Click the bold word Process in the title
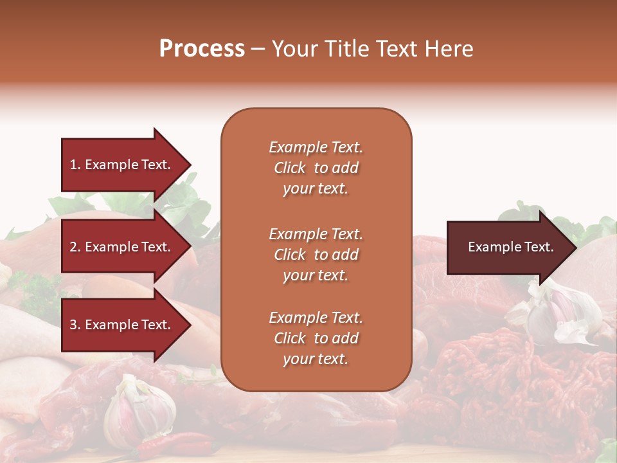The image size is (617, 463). click(202, 49)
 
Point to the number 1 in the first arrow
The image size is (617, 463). click(73, 165)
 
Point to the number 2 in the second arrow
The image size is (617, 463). click(73, 247)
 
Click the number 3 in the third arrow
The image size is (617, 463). click(73, 325)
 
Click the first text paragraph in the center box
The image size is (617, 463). click(316, 168)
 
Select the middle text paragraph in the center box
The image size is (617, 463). click(316, 255)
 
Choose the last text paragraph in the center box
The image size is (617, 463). click(316, 338)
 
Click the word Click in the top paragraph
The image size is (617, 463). click(289, 168)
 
